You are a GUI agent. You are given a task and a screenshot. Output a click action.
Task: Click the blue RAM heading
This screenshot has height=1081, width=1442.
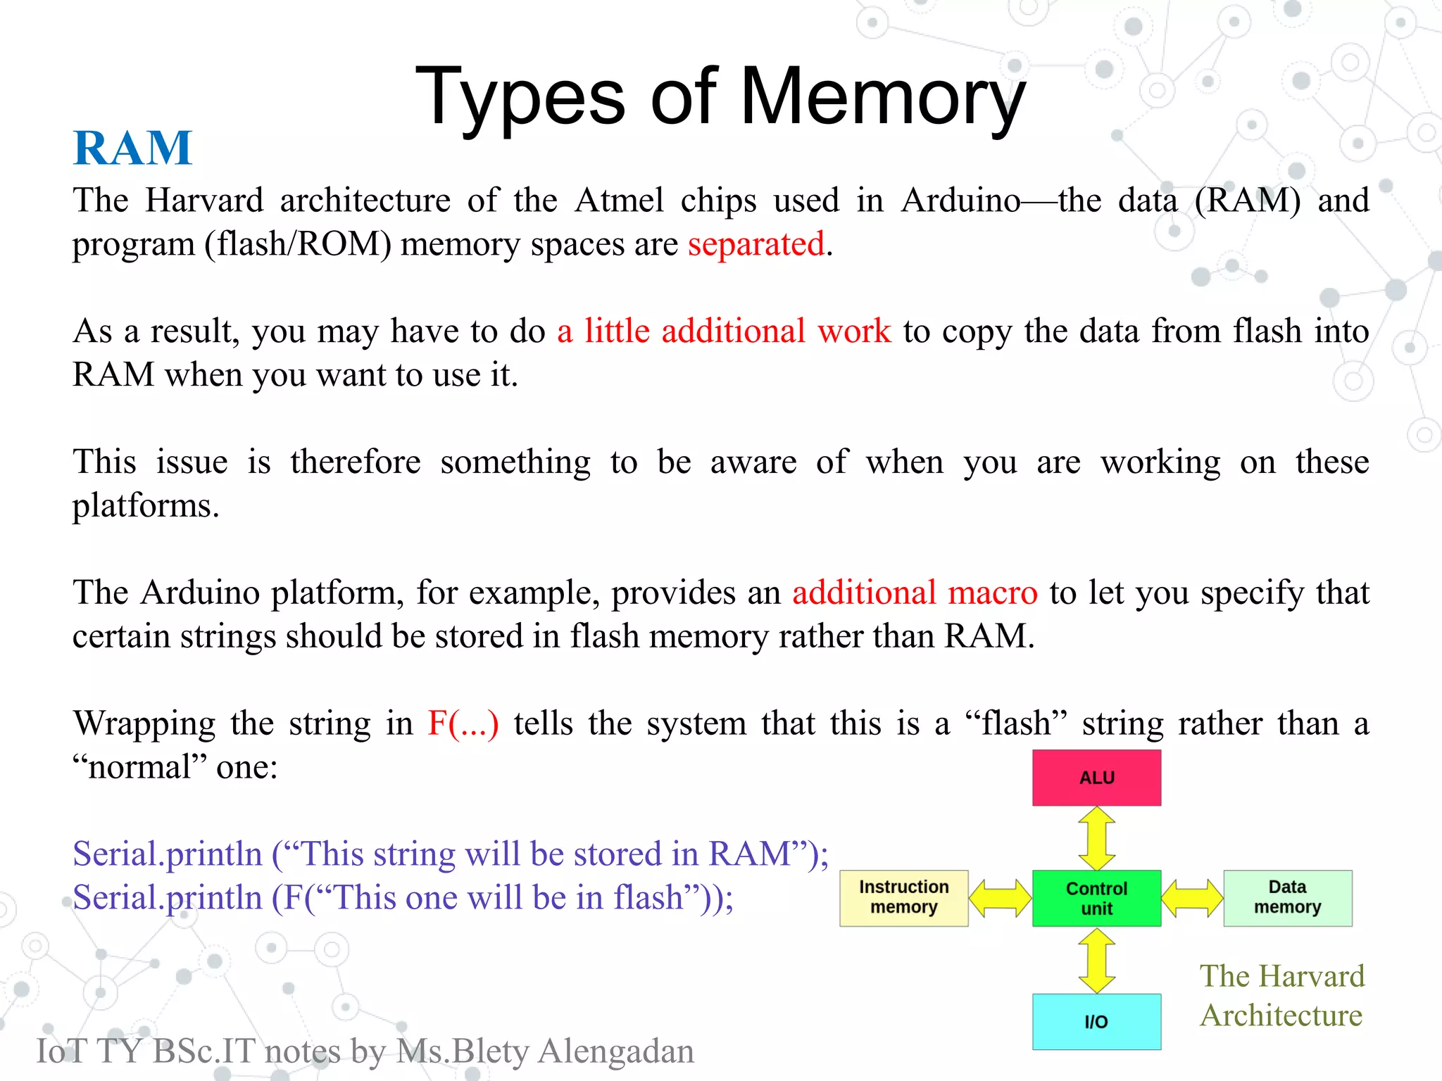[132, 148]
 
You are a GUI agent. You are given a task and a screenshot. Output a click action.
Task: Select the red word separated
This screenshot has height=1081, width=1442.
[756, 244]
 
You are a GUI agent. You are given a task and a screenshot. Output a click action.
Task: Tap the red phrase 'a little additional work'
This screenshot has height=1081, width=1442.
[723, 331]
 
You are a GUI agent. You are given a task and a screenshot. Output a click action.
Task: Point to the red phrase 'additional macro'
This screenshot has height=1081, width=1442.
[915, 593]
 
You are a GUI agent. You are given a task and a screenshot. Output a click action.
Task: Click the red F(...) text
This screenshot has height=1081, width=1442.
[463, 723]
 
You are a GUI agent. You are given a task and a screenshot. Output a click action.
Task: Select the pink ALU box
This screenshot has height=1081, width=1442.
[1096, 778]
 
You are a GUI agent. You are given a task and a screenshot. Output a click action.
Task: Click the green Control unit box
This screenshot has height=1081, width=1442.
[1096, 898]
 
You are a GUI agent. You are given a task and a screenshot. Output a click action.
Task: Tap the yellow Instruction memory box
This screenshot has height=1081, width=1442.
[903, 898]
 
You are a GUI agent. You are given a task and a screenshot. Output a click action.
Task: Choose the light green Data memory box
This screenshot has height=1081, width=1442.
[1287, 898]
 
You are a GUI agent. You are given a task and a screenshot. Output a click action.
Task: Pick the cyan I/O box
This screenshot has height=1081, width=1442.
[1096, 1021]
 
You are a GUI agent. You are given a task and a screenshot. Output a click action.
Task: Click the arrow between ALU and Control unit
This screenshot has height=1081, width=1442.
[1096, 838]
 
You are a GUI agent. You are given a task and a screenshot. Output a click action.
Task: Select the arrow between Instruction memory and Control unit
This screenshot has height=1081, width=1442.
[1000, 899]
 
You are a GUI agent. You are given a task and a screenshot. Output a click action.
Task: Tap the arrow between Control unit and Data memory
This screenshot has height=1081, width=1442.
[1192, 899]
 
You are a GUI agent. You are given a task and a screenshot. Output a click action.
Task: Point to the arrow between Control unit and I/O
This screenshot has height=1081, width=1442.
[1096, 961]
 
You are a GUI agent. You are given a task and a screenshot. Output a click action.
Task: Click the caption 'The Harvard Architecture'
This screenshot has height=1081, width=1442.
[1281, 996]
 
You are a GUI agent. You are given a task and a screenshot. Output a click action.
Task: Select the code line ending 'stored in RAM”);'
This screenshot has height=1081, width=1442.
[451, 854]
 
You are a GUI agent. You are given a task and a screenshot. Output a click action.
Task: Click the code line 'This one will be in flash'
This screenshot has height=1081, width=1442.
[403, 898]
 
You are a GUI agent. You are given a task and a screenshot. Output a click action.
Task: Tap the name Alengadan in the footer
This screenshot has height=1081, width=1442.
[615, 1051]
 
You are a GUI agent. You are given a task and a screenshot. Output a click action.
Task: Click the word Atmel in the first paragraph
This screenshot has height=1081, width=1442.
[619, 201]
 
